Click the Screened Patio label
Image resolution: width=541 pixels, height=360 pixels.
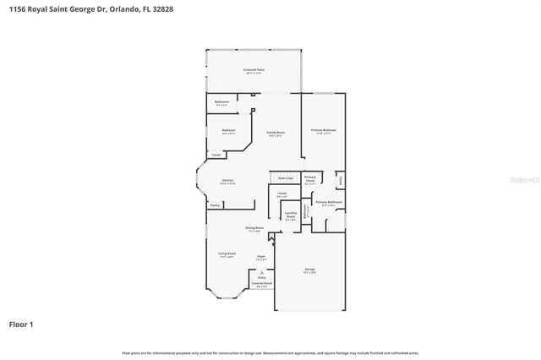[x=253, y=70]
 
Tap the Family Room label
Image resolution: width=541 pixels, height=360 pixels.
[x=276, y=133]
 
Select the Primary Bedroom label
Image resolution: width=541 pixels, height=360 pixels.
[x=323, y=129]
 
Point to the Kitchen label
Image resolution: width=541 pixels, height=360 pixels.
[x=227, y=180]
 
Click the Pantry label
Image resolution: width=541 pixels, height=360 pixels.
[x=215, y=205]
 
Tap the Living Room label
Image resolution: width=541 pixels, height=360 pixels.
[x=227, y=254]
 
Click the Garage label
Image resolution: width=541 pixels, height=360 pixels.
[x=309, y=269]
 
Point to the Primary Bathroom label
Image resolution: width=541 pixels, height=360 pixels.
[x=328, y=203]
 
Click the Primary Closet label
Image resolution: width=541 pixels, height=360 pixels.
[x=309, y=179]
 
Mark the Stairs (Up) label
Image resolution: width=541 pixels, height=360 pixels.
[x=285, y=177]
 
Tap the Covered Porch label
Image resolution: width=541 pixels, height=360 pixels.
[x=262, y=284]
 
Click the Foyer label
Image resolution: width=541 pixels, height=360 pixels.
[x=262, y=254]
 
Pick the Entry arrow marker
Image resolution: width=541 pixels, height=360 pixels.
[x=262, y=272]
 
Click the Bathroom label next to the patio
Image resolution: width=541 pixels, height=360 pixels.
[x=221, y=101]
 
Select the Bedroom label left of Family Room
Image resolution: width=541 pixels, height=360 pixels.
[x=227, y=130]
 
